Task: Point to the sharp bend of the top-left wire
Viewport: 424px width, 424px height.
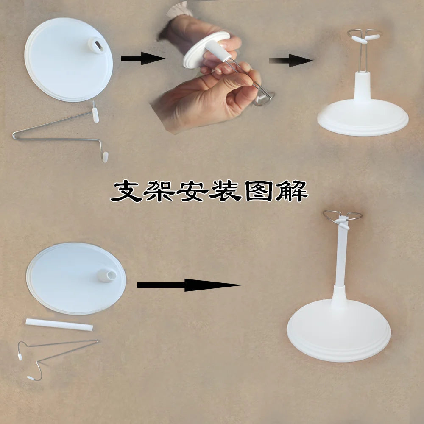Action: [x=15, y=136]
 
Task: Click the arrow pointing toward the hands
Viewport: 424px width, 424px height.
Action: [x=142, y=59]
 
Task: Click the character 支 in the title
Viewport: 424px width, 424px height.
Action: [x=126, y=192]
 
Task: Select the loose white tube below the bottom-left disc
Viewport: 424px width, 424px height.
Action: [x=59, y=325]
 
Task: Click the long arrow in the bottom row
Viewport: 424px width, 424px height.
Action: [x=189, y=285]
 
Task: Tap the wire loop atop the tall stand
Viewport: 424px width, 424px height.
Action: [x=343, y=216]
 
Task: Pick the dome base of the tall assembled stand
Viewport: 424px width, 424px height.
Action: [x=339, y=331]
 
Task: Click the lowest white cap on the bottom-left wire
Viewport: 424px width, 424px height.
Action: [x=31, y=377]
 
